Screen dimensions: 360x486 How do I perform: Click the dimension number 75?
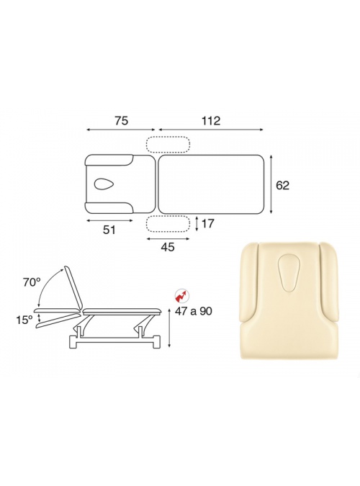coord(121,120)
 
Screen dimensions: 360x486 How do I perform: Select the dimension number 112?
coord(211,120)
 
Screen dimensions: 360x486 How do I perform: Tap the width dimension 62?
coord(282,185)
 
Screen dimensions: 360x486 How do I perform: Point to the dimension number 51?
coord(109,230)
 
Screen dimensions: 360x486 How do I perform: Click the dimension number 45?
coord(168,247)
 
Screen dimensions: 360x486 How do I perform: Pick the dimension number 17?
coord(207,223)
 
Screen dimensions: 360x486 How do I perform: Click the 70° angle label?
coord(32,282)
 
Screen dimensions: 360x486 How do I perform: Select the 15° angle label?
coord(24,320)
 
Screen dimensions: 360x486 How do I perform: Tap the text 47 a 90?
coord(194,310)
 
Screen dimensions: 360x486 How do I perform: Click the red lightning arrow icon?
coord(182,296)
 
